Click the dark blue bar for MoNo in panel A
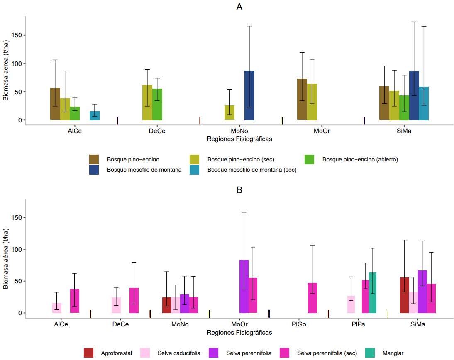249,95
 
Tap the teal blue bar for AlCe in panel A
95,116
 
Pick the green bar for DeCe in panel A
157,105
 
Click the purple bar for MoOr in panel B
244,287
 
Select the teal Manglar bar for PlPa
373,293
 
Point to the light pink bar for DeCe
116,305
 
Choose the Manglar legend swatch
370,353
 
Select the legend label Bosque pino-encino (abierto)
360,159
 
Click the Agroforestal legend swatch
89,353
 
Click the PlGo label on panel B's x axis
299,324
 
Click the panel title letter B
239,190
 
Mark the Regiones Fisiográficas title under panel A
239,139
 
